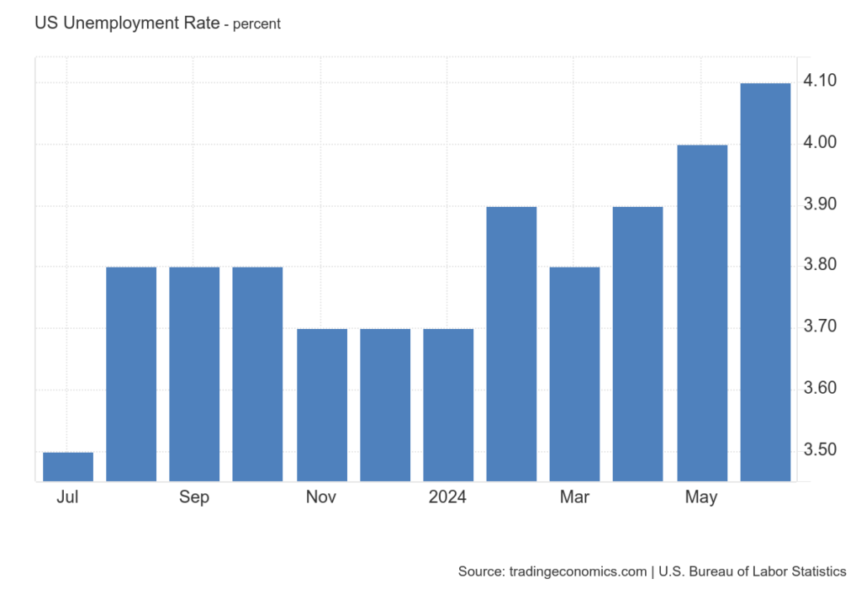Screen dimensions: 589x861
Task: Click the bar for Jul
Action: tap(68, 466)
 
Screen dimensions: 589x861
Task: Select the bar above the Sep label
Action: tap(194, 374)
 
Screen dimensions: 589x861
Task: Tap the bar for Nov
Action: tap(321, 405)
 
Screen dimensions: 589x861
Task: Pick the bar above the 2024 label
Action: tap(448, 405)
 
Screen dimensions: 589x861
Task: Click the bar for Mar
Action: tap(574, 374)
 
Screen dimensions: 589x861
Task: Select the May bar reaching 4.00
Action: tap(702, 312)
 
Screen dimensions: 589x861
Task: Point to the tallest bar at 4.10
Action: tap(765, 282)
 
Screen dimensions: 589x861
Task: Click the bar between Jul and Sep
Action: tap(131, 374)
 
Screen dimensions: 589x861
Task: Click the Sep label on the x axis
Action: tap(194, 497)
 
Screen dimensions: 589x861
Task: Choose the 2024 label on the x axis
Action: tap(447, 497)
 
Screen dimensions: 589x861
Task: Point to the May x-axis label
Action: tap(701, 497)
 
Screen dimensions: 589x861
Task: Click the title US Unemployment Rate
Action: tap(125, 24)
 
